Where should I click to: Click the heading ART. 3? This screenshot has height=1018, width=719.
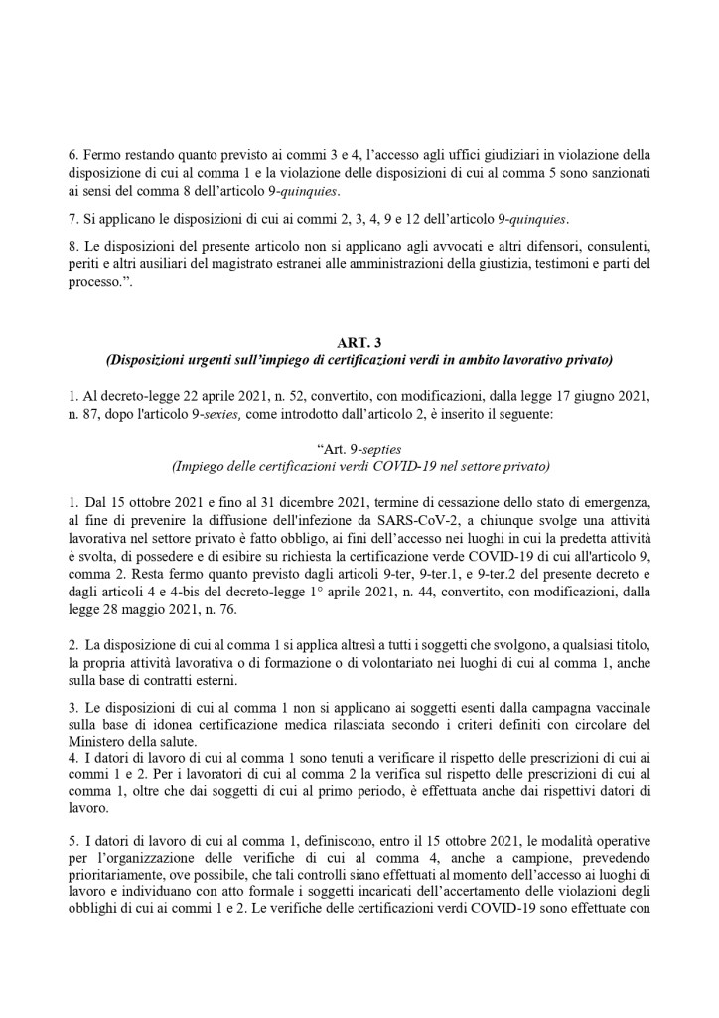click(359, 343)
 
